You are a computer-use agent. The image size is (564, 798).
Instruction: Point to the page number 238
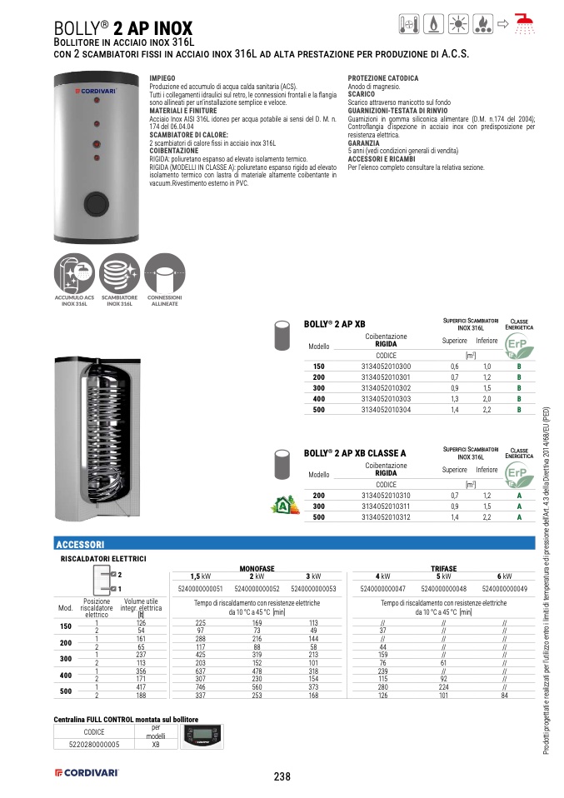coord(282,776)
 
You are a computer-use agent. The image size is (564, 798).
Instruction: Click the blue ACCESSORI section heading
coord(79,543)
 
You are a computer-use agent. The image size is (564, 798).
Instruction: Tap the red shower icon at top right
coord(523,23)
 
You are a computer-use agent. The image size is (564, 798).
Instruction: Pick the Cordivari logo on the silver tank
coord(93,89)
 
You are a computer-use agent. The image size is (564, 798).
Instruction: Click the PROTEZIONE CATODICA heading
coord(383,77)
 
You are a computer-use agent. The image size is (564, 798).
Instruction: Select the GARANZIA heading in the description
coord(362,143)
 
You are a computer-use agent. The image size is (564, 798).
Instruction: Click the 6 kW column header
coord(504,576)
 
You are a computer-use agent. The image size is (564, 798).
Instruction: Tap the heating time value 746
coord(200,686)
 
